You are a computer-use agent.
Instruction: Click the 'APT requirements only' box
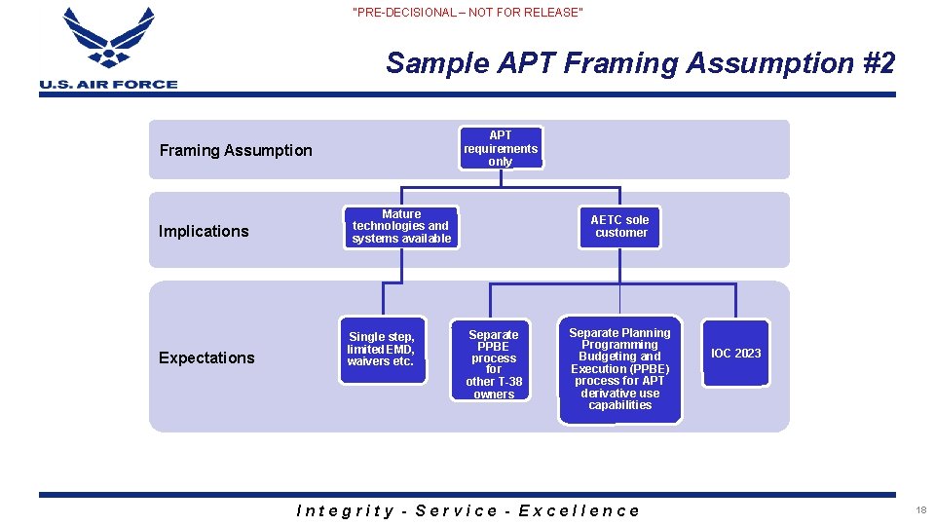coord(501,148)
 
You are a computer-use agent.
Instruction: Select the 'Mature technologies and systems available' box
coord(401,226)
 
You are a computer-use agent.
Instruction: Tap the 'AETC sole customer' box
coord(620,226)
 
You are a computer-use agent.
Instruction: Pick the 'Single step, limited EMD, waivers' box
coord(382,350)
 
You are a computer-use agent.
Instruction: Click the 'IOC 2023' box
coord(735,354)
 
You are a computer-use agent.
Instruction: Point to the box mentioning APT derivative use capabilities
coord(620,369)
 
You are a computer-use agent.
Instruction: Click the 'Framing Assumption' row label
coord(236,150)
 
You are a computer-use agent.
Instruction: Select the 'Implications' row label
coord(204,231)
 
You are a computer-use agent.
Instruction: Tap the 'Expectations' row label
coord(206,357)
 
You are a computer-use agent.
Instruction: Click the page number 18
coord(920,510)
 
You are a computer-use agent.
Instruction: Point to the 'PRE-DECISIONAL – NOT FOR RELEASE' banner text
coord(467,13)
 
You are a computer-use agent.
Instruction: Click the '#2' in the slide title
coord(879,63)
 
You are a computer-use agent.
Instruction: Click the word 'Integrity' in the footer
coord(345,510)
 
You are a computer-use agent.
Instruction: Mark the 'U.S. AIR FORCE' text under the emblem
coord(108,85)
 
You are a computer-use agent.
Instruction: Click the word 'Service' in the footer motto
coord(457,510)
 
